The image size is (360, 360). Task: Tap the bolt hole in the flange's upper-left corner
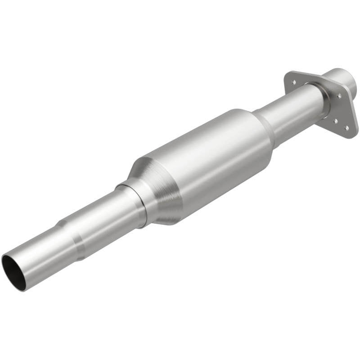[x=293, y=82]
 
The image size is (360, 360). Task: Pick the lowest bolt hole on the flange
[x=346, y=127]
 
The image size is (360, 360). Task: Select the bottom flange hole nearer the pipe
[x=335, y=121]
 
